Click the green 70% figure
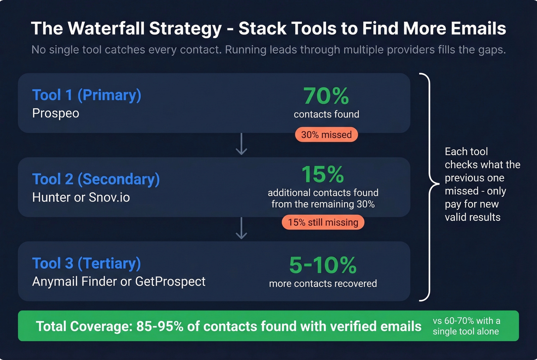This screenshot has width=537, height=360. click(x=326, y=96)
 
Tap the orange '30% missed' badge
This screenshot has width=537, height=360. click(x=326, y=135)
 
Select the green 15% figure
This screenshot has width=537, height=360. click(x=323, y=174)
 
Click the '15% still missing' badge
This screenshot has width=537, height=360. click(x=323, y=222)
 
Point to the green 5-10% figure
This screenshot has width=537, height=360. click(x=323, y=265)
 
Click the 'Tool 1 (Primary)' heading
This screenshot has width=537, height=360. click(x=87, y=95)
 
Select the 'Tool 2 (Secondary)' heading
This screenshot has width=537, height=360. click(x=96, y=179)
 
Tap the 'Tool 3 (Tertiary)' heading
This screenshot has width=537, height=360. click(x=87, y=263)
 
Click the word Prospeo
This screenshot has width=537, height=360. click(x=56, y=113)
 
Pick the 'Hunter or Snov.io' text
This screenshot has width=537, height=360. click(x=81, y=197)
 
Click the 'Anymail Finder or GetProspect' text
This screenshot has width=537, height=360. click(x=119, y=281)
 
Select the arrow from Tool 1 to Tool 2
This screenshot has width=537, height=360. click(x=241, y=145)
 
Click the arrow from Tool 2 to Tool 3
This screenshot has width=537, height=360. click(x=241, y=228)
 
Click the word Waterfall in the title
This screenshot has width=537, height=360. click(x=105, y=29)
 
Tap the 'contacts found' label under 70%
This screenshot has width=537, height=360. click(x=326, y=114)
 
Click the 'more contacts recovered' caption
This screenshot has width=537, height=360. click(x=323, y=284)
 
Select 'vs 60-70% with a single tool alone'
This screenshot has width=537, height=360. click(x=466, y=326)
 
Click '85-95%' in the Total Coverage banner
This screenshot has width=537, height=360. click(x=160, y=326)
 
